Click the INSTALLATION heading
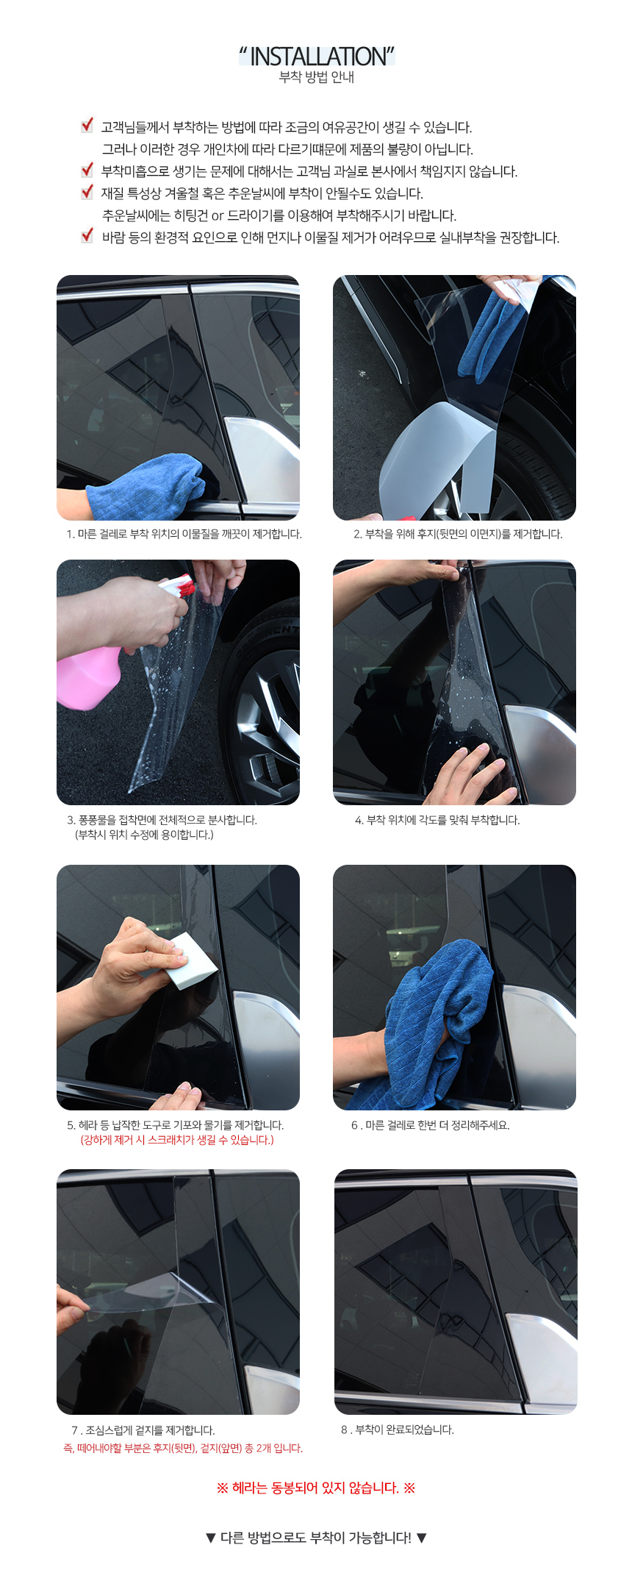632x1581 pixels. pos(317,57)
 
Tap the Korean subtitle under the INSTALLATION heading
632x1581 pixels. pos(317,77)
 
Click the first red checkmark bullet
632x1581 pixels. pos(87,126)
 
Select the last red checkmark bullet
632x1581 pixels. pos(87,235)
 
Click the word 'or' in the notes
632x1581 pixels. pos(218,216)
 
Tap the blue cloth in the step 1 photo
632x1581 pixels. pos(147,485)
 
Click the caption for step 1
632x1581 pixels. pos(184,534)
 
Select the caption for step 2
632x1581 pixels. pos(458,534)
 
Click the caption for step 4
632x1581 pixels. pos(437,820)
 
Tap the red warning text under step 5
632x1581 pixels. pos(177,1140)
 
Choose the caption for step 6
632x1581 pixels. pos(430,1125)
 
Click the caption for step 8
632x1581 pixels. pos(398,1430)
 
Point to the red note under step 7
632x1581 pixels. pos(183,1448)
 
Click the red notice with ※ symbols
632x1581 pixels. pos(316,1488)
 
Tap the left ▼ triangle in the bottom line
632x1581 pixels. pos(211,1538)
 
